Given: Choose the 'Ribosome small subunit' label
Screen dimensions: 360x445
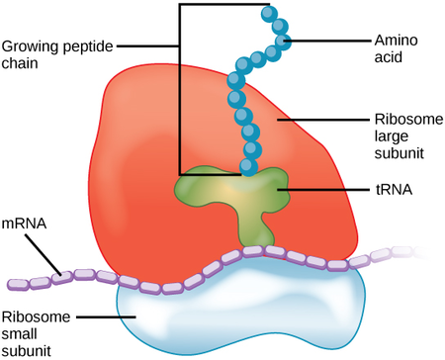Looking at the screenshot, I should (38, 333).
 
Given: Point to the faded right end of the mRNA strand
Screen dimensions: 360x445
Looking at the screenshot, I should (420, 253).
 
